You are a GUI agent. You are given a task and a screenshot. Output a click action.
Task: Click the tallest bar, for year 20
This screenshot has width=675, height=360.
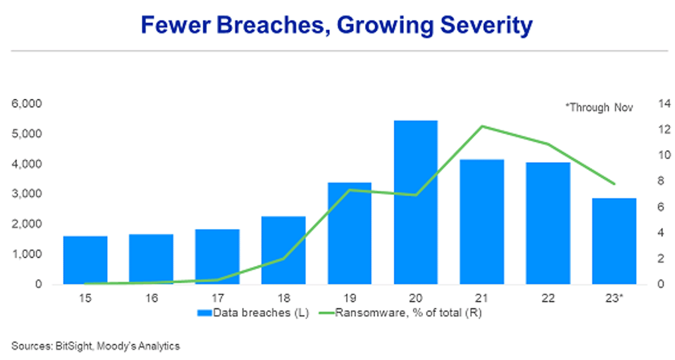pos(416,202)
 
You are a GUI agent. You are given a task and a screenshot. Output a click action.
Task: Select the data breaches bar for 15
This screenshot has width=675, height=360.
pos(85,260)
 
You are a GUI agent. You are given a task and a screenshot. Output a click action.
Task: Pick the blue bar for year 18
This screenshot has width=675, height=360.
pos(283,250)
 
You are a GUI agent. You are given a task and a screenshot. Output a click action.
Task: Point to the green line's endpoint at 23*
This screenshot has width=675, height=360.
pos(614,184)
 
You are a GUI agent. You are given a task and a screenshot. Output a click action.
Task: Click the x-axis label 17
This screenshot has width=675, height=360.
pos(218,298)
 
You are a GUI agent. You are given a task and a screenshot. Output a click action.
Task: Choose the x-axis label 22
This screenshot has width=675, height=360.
pos(548,298)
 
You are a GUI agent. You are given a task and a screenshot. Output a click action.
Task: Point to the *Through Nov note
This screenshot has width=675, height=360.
pos(599,107)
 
